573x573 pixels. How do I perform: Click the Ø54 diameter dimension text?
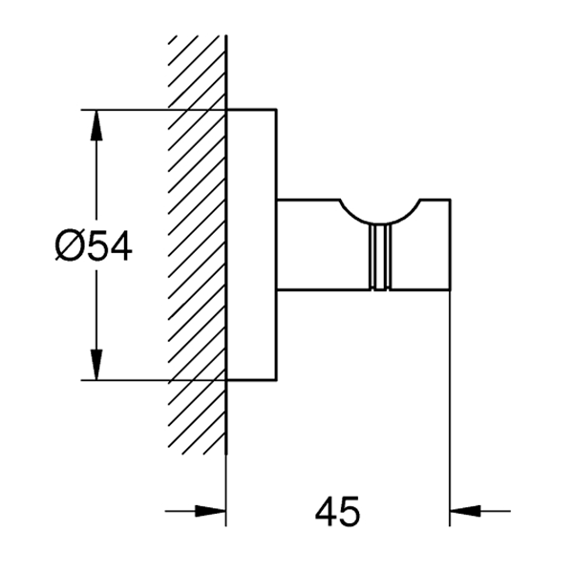point(94,245)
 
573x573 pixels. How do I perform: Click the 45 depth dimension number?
point(337,511)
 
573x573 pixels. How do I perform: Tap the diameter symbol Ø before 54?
point(68,245)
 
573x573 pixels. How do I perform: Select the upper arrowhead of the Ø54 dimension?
point(96,125)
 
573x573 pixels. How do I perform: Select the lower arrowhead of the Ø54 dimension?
point(96,365)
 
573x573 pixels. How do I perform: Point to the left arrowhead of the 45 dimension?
point(210,511)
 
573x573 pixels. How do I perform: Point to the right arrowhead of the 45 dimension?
point(465,511)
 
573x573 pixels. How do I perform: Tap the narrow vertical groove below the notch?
point(380,257)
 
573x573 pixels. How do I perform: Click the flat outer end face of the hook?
point(450,244)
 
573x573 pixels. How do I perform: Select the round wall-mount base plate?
point(251,244)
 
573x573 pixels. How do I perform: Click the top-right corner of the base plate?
point(276,109)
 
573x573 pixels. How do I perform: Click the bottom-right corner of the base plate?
point(276,380)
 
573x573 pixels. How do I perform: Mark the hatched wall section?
point(197,244)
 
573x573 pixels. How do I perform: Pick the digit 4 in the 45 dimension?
point(326,511)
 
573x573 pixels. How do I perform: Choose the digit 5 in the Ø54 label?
point(96,245)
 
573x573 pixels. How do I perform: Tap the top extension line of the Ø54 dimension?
point(154,109)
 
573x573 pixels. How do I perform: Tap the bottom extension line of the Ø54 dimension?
point(154,380)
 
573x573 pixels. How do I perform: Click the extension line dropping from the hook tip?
point(450,409)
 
